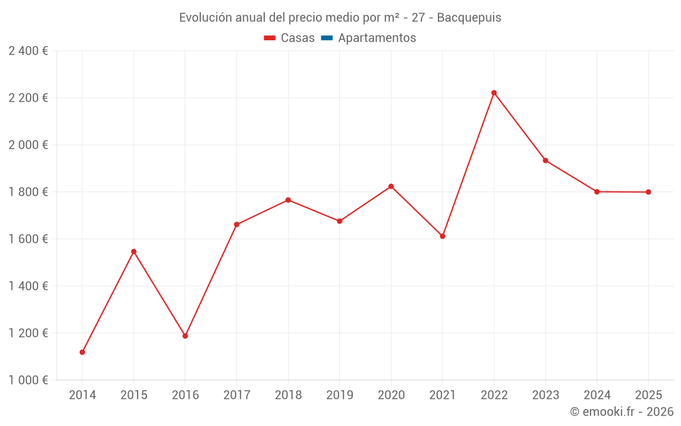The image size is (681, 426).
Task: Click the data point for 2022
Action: [494, 93]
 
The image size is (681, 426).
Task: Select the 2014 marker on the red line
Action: [82, 352]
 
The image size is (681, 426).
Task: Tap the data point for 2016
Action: [185, 336]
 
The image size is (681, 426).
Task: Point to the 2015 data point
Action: [133, 252]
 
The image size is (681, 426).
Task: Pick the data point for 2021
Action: [443, 237]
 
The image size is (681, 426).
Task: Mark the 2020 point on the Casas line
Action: [391, 186]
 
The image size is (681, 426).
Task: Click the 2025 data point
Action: [648, 192]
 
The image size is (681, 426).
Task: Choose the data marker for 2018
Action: [288, 200]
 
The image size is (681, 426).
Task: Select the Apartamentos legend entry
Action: [377, 38]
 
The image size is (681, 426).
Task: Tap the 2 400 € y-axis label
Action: [28, 51]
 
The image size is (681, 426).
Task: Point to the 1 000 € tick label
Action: [28, 380]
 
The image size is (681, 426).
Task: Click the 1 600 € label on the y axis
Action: [28, 239]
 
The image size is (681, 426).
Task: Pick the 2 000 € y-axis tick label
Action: [28, 145]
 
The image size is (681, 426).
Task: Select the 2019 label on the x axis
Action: [340, 395]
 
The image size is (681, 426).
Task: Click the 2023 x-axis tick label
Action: [545, 395]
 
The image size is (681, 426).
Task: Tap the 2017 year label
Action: [236, 395]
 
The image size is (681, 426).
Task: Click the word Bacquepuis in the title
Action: [469, 18]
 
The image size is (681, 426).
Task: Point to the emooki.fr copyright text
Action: [621, 412]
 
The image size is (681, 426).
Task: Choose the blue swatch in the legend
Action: [327, 38]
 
